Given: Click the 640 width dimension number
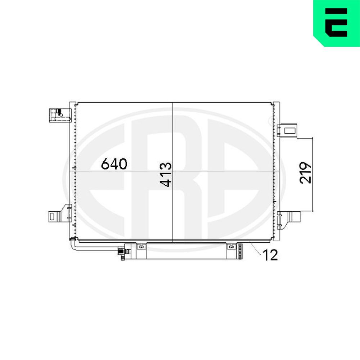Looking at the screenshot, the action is pyautogui.click(x=114, y=164).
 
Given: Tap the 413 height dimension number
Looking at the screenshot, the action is pyautogui.click(x=166, y=175).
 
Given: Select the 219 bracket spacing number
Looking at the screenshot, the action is pyautogui.click(x=305, y=173).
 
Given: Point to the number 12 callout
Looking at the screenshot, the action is pyautogui.click(x=270, y=255).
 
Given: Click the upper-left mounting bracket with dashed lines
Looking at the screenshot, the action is pyautogui.click(x=60, y=115).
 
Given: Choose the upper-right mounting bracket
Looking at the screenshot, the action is pyautogui.click(x=287, y=130).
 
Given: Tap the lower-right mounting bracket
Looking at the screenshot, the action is pyautogui.click(x=289, y=220).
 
